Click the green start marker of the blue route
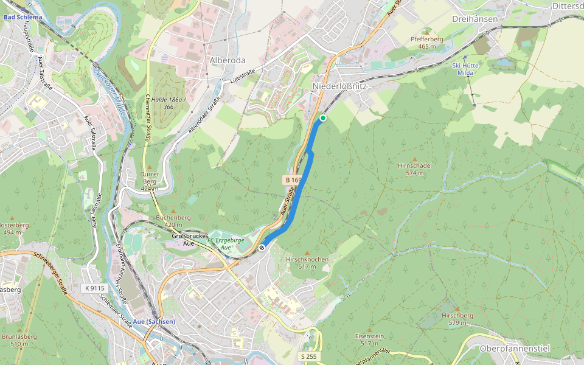[x=323, y=118]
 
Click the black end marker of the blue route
[x=262, y=247]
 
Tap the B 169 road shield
[x=293, y=180]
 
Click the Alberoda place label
[x=228, y=60]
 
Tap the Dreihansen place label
[x=475, y=19]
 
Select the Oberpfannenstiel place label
[x=515, y=349]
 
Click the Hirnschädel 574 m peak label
[x=415, y=169]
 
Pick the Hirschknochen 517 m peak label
[x=307, y=262]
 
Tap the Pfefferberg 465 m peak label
[x=427, y=42]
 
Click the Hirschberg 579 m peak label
[x=457, y=319]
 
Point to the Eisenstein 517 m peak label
[x=369, y=339]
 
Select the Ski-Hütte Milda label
[x=464, y=68]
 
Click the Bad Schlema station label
[x=23, y=17]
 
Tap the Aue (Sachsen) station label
[x=154, y=321]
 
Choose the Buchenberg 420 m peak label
[x=173, y=220]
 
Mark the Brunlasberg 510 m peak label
[x=19, y=339]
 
